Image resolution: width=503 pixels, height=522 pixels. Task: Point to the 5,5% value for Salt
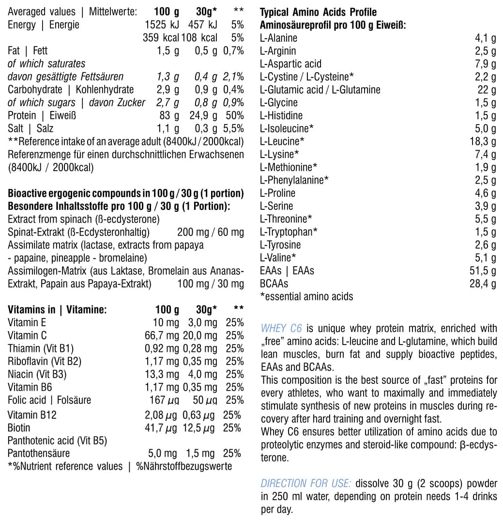(234, 128)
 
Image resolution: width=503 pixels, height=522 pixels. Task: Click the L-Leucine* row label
(282, 142)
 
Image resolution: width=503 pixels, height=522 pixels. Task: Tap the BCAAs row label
(274, 284)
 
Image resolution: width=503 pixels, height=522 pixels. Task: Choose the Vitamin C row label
(27, 335)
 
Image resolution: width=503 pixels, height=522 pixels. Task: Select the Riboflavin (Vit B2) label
(45, 361)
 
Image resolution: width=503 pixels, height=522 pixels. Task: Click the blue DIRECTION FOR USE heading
(305, 484)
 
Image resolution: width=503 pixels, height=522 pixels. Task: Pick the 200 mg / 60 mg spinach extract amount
(211, 232)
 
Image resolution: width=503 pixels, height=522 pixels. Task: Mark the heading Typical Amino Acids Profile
(318, 12)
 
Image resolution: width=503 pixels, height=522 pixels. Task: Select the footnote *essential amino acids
(306, 296)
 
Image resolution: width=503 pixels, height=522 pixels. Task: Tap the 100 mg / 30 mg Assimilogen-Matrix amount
(211, 284)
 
